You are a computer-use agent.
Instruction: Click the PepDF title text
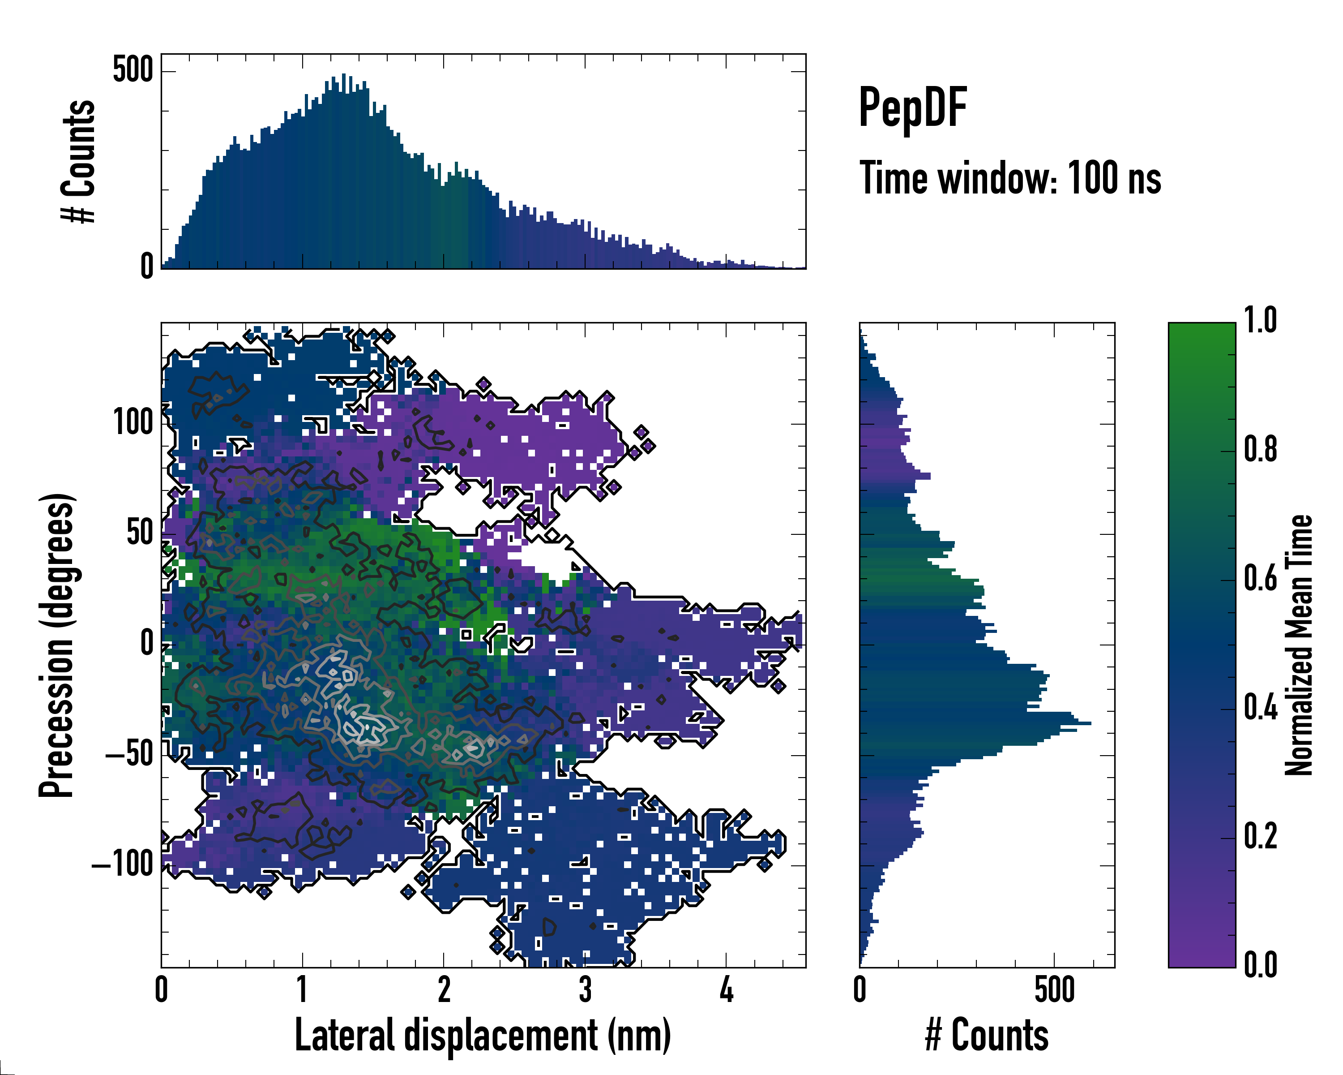click(912, 108)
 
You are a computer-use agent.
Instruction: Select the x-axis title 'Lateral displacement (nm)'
click(483, 1035)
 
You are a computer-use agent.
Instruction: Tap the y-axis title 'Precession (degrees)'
click(57, 645)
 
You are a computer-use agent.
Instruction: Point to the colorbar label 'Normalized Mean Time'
click(1299, 645)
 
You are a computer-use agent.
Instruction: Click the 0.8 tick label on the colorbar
click(1260, 450)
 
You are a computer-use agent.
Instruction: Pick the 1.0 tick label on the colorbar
click(1260, 321)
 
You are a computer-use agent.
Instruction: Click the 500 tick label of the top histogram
click(133, 70)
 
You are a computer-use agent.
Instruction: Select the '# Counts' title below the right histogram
click(987, 1035)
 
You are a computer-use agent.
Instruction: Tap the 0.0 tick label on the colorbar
click(1260, 965)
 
